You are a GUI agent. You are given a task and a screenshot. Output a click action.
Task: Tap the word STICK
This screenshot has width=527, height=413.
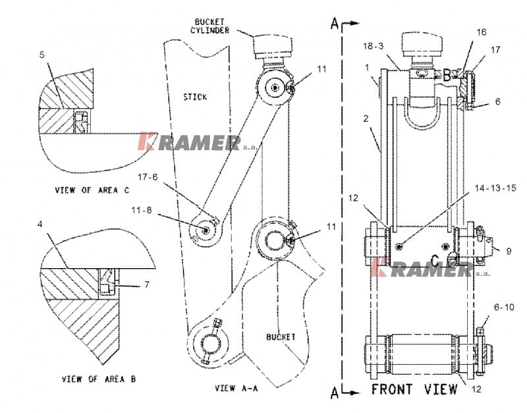[x=194, y=97]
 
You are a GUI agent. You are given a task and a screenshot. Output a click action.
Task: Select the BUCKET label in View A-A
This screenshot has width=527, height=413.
[x=281, y=337]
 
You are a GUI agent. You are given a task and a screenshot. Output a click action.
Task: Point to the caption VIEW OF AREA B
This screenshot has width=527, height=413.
[x=99, y=379]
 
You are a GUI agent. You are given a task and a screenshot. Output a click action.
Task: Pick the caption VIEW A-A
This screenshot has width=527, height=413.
[x=236, y=388]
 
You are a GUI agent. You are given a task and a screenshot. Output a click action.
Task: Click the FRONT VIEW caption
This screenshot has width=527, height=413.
[x=414, y=389]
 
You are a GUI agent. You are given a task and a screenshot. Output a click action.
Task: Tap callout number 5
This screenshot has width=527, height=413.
[x=42, y=55]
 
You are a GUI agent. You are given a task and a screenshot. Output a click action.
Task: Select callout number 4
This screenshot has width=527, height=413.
[x=42, y=225]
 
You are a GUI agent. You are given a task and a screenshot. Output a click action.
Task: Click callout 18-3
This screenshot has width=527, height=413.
[x=374, y=45]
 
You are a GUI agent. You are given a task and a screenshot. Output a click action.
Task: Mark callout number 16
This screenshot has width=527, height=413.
[x=482, y=32]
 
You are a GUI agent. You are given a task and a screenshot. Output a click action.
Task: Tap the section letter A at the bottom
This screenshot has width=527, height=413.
[x=335, y=393]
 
